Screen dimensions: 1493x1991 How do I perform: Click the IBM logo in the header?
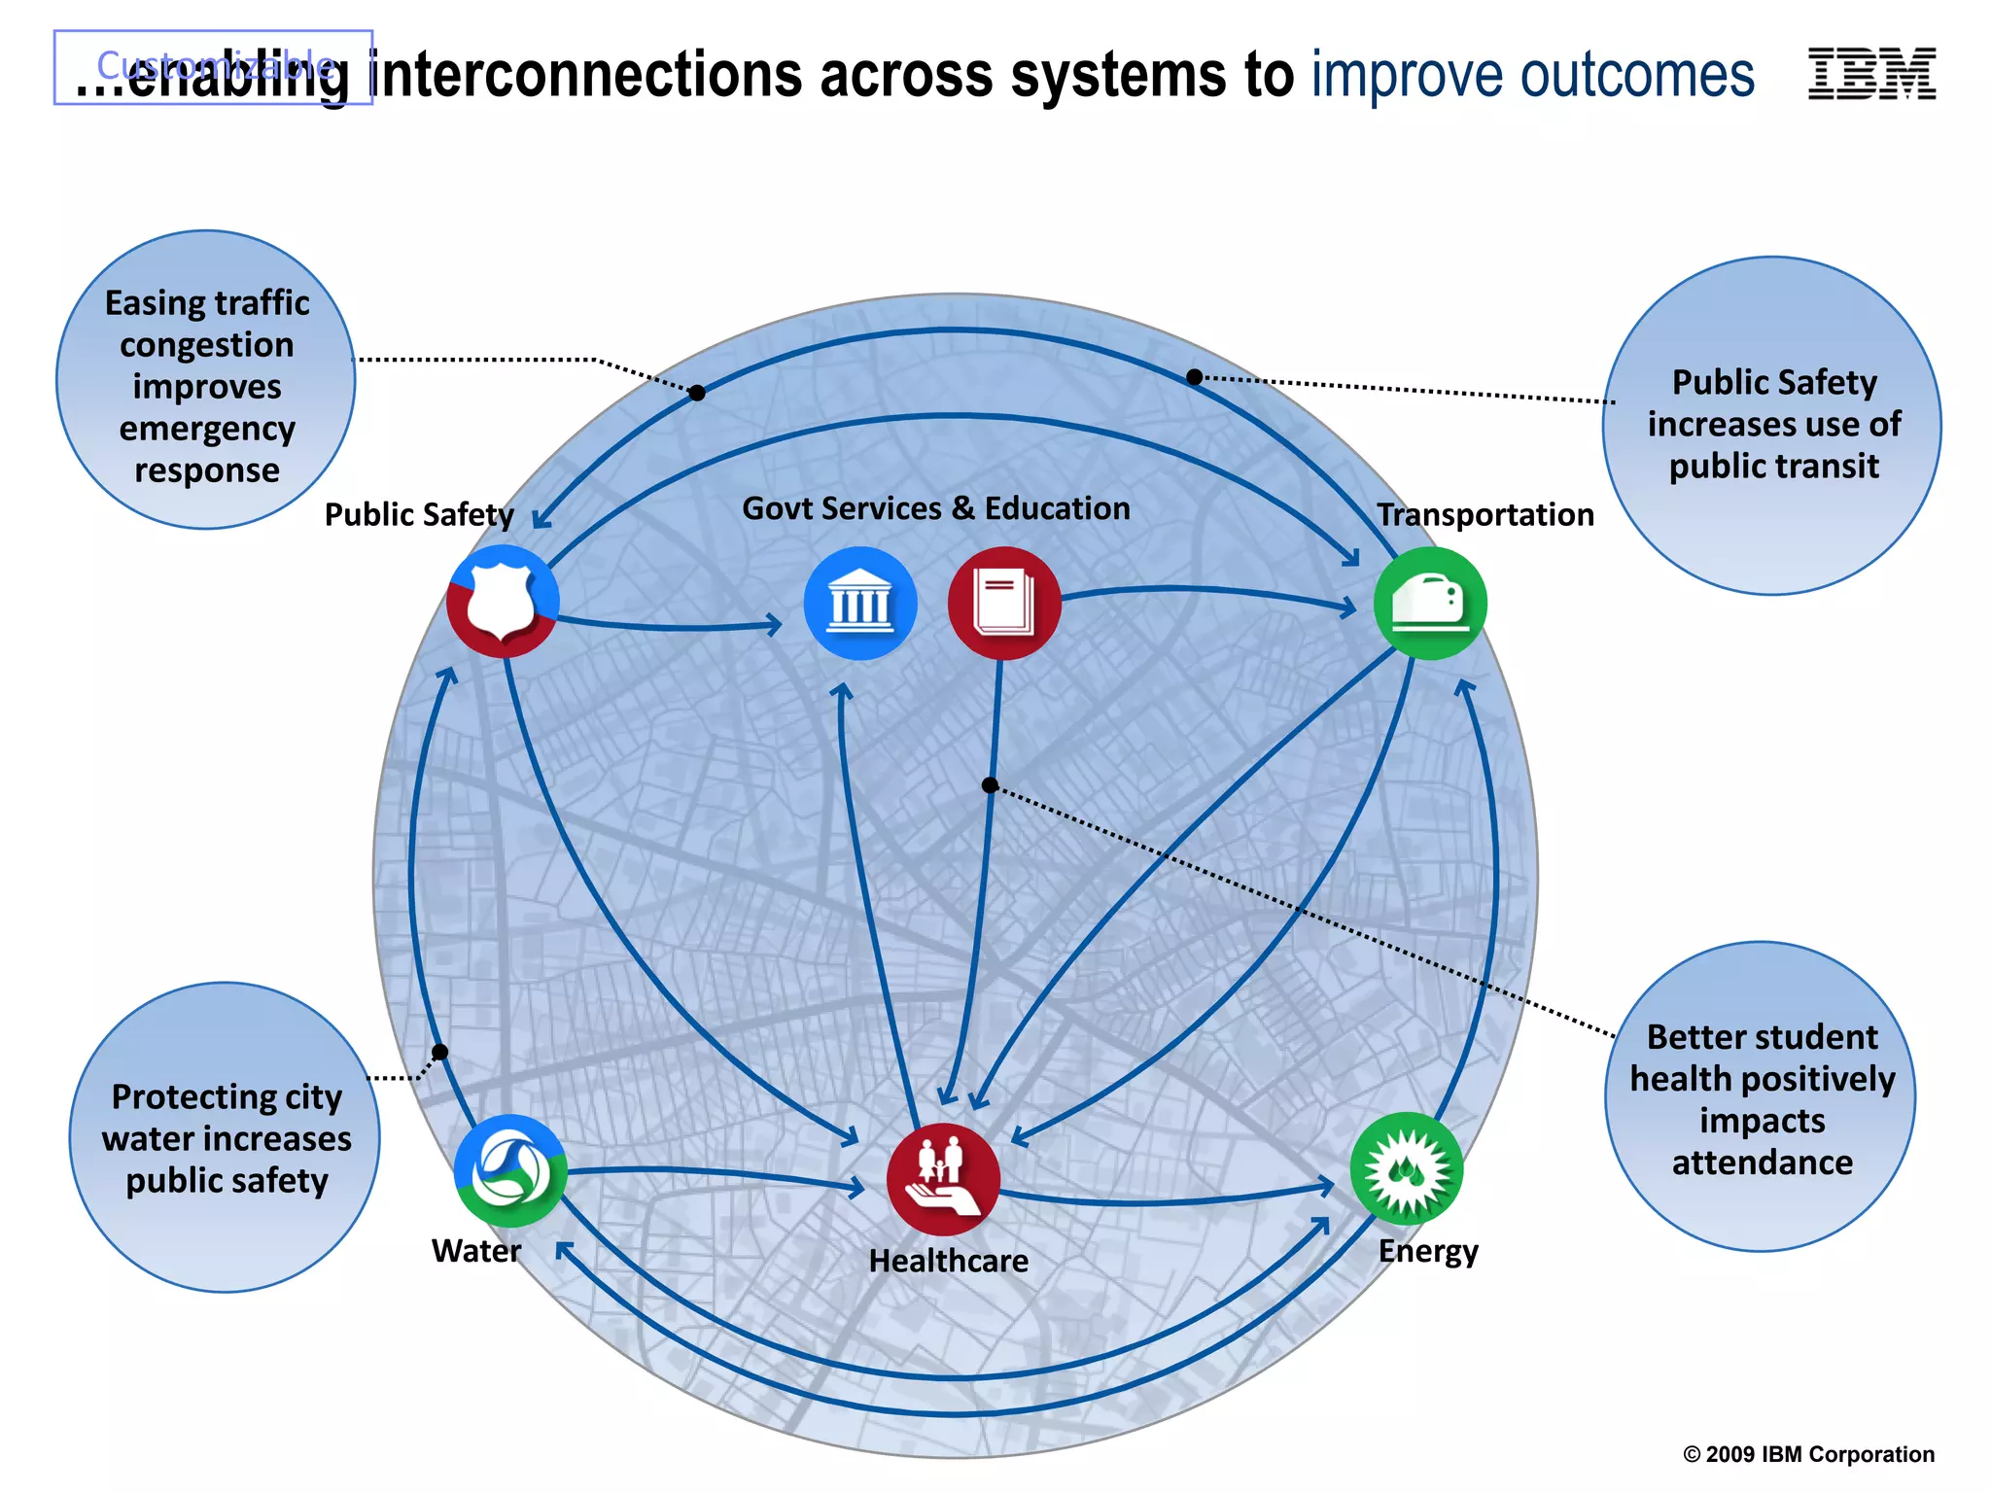point(1871,74)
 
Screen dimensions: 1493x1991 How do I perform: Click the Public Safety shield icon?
point(503,601)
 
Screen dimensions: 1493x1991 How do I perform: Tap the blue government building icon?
point(860,604)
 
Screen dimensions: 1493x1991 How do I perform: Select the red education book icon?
point(1004,604)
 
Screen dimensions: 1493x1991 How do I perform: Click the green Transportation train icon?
point(1430,604)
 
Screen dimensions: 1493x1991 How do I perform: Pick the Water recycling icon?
point(510,1170)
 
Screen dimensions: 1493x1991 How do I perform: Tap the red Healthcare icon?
point(943,1179)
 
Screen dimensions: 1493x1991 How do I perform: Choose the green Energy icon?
point(1407,1169)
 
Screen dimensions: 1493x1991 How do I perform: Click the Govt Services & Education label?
point(935,508)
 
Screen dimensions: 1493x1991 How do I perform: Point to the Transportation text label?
point(1485,514)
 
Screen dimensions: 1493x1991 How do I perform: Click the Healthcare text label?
point(948,1261)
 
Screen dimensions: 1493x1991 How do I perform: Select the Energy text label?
point(1428,1251)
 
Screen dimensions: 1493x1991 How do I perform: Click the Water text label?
point(476,1251)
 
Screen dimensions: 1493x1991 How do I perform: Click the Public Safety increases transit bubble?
point(1771,426)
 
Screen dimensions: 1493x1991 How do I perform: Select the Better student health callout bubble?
point(1761,1097)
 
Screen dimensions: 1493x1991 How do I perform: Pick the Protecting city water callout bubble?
point(226,1137)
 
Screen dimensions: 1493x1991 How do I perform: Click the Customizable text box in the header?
point(214,66)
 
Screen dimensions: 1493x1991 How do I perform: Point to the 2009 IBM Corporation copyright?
point(1808,1454)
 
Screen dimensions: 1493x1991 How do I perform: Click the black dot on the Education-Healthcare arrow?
point(990,784)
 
